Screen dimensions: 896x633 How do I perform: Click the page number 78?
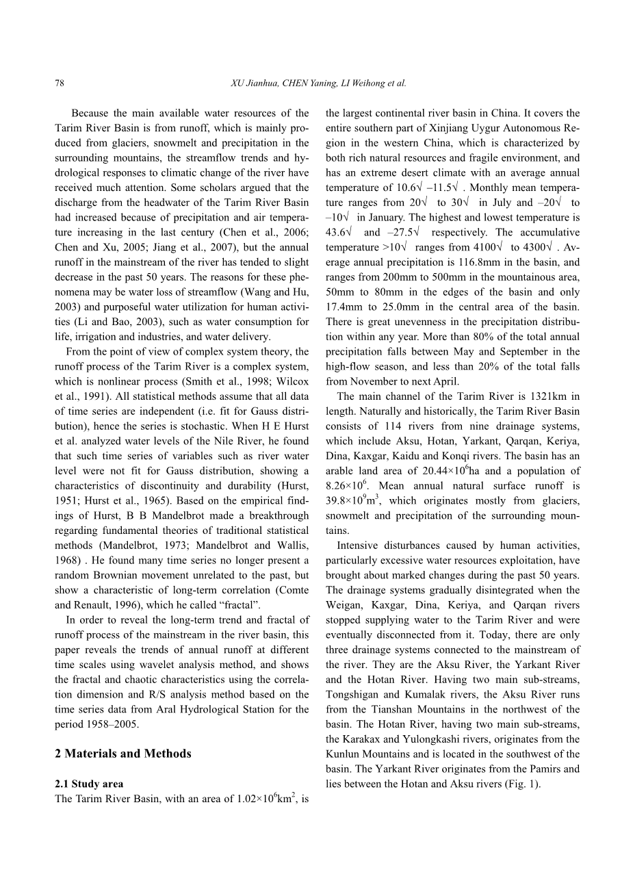pos(59,84)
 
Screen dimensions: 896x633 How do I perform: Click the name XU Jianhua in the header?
pos(255,84)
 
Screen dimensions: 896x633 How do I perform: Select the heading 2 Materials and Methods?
pos(123,754)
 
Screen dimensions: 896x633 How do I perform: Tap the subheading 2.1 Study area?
pos(89,784)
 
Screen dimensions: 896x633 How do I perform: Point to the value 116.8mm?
pos(445,262)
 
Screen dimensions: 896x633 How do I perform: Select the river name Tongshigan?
pos(352,694)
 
